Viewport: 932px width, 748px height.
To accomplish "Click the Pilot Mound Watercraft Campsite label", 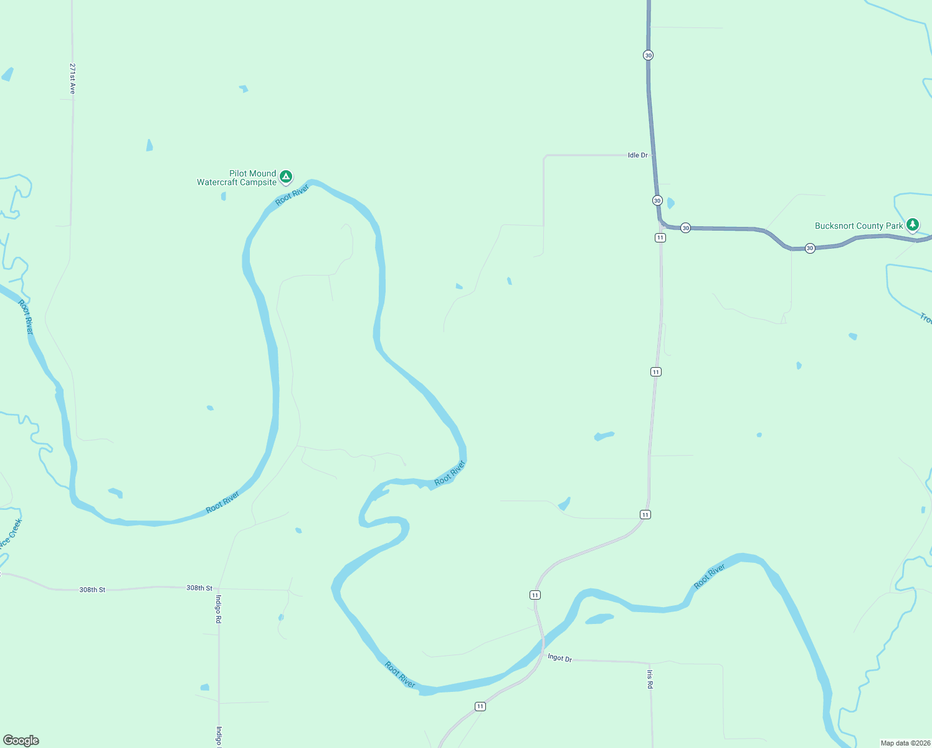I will click(x=237, y=178).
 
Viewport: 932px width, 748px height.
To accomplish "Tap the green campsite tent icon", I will click(x=286, y=177).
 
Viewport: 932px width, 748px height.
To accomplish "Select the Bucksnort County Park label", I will click(x=858, y=226).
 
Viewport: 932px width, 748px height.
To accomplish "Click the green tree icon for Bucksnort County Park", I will click(x=913, y=224).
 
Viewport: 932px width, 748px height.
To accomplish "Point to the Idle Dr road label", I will click(x=637, y=155).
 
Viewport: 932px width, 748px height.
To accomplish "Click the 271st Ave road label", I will click(x=72, y=79).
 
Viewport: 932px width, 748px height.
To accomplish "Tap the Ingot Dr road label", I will click(x=559, y=658).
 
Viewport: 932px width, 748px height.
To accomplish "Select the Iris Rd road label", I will click(x=650, y=679).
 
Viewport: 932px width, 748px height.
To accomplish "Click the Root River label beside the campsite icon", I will click(x=292, y=194).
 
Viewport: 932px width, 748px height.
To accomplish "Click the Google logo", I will click(x=21, y=740).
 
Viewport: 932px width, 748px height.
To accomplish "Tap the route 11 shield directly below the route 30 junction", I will click(x=660, y=237).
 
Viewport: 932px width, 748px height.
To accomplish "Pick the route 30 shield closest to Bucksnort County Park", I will click(x=810, y=248).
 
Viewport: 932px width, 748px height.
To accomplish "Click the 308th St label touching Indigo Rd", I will click(x=199, y=588).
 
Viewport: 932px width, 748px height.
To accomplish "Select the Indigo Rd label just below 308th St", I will click(x=218, y=609).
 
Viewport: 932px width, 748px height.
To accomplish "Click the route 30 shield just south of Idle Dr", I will click(x=657, y=200).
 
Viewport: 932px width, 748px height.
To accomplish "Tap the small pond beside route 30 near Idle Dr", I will click(x=670, y=203).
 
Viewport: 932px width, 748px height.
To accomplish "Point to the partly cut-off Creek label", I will click(x=11, y=533).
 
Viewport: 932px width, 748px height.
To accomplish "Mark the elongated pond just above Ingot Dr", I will click(x=599, y=619).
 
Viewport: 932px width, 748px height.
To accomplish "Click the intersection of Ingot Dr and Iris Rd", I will click(x=650, y=663).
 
